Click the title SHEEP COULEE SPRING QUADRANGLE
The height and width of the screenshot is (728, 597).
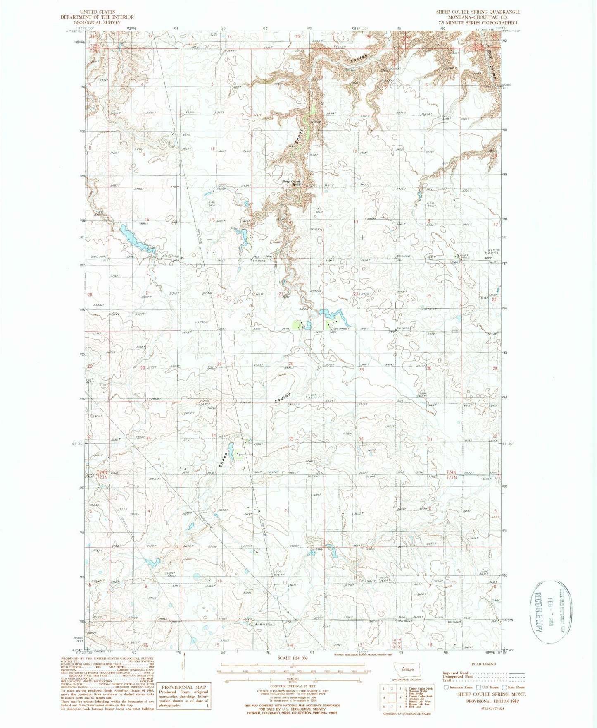point(478,12)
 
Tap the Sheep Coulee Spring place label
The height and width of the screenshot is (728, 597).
point(292,182)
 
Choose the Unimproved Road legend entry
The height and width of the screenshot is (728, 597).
point(458,677)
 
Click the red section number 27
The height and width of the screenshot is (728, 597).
point(220,364)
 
